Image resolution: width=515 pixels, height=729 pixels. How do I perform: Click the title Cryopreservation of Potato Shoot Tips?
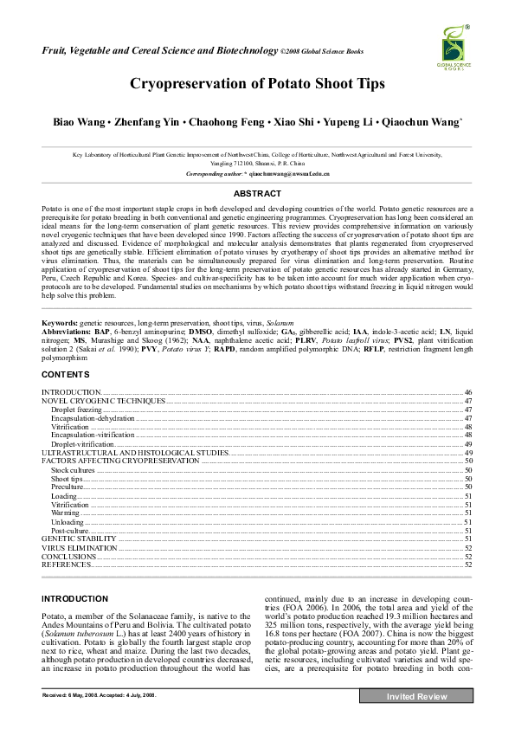(x=257, y=85)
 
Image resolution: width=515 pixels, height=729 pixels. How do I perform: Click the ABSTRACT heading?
(x=257, y=194)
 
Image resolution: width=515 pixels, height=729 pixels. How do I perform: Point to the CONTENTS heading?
(x=65, y=374)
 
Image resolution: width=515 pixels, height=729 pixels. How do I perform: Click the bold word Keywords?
(x=60, y=322)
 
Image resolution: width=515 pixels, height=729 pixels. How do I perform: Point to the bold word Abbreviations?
(x=67, y=331)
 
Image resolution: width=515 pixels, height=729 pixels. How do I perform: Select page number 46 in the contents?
(x=467, y=393)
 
